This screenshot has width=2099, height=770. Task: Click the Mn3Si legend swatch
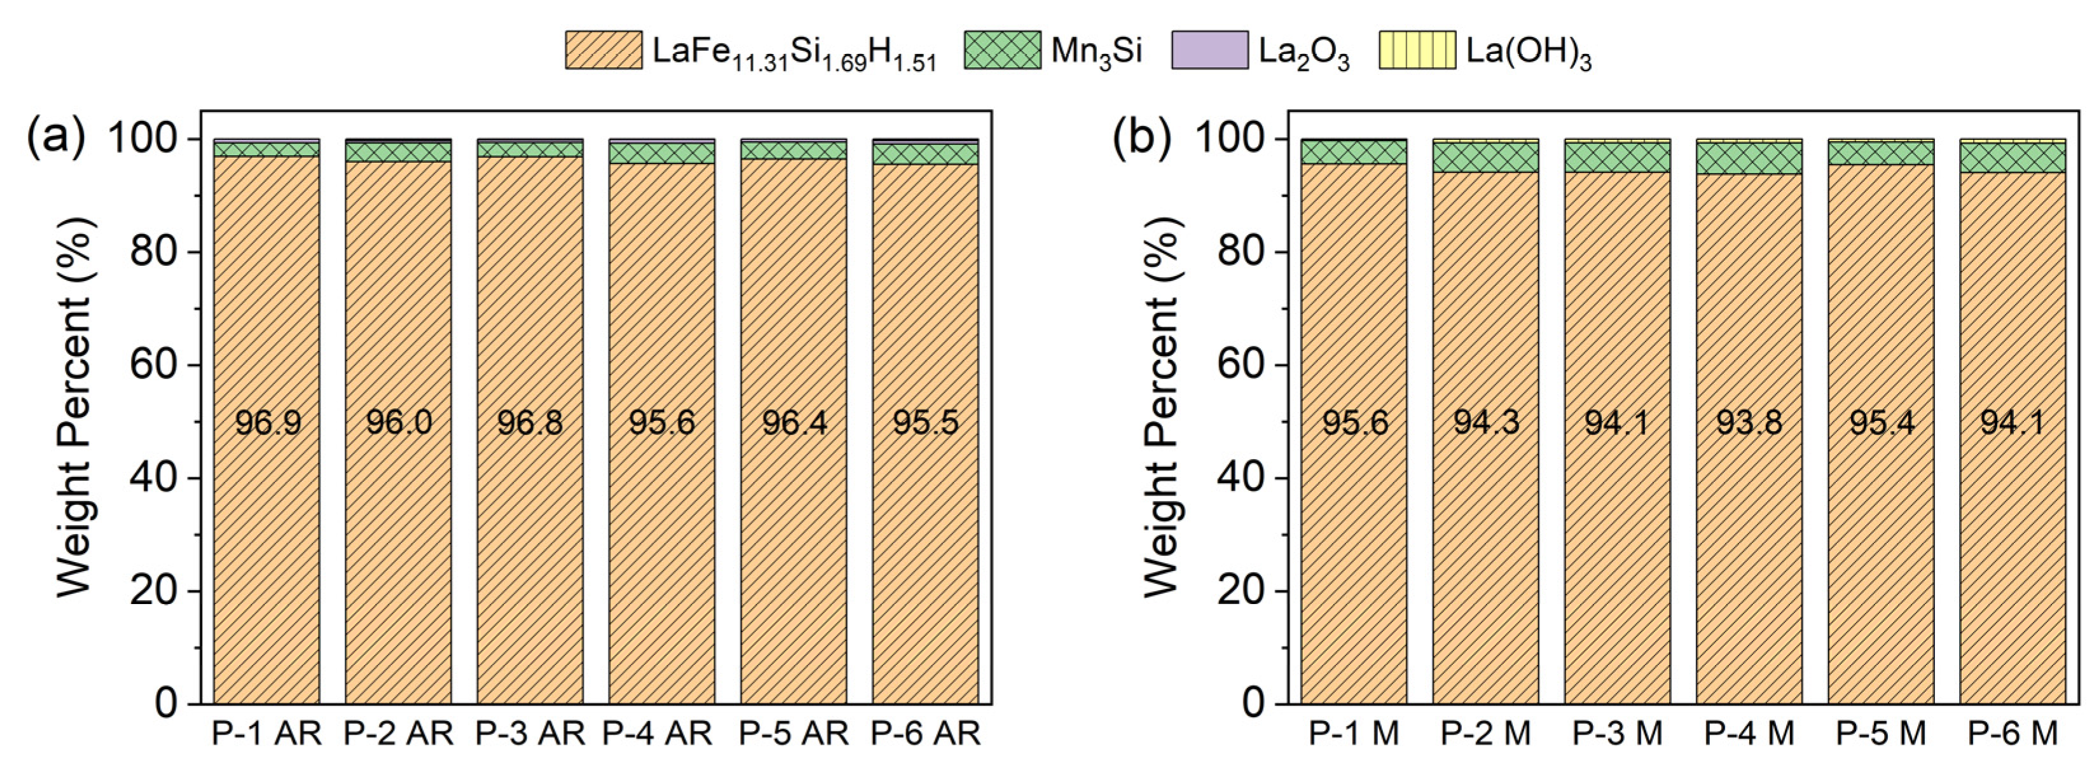(x=1001, y=50)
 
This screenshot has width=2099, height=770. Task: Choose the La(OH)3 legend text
(x=1529, y=53)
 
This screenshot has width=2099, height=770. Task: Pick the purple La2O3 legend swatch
(x=1209, y=50)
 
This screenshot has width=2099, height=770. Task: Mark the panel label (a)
(x=55, y=136)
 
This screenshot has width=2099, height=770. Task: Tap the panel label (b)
(x=1143, y=136)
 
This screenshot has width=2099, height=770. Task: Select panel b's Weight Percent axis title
(x=1161, y=408)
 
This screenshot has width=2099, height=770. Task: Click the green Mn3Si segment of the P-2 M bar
(x=1485, y=157)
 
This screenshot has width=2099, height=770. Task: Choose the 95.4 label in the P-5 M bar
(x=1881, y=422)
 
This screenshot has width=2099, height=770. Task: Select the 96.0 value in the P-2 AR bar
(x=399, y=422)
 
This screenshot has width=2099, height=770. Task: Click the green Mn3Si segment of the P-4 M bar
(x=1749, y=158)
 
